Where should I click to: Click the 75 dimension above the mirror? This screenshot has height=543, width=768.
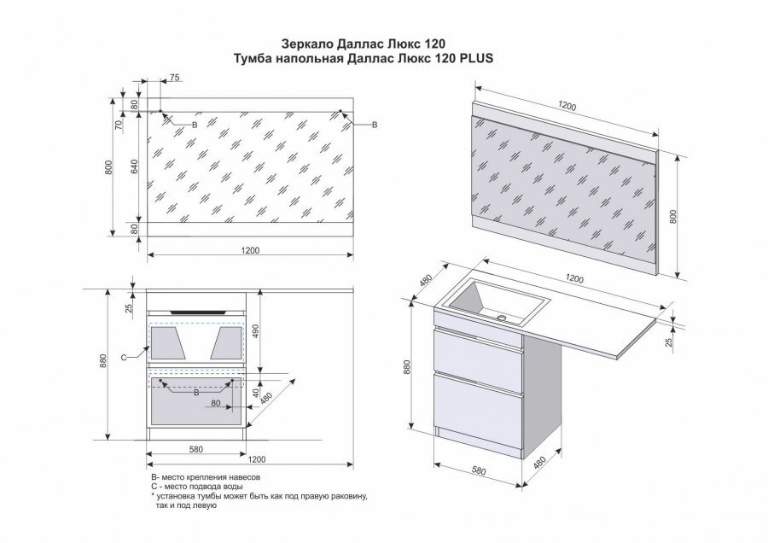click(x=175, y=78)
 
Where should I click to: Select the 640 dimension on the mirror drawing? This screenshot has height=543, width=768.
click(x=135, y=166)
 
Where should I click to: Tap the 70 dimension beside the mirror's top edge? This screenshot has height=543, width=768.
click(x=118, y=125)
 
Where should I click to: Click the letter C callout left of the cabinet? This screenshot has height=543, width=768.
click(x=124, y=357)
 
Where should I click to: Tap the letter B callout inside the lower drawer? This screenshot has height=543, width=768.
click(x=196, y=393)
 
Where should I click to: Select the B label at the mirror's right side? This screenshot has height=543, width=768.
click(x=375, y=125)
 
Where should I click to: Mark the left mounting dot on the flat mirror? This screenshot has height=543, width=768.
click(x=160, y=111)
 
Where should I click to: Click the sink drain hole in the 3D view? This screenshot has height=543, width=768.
click(x=502, y=318)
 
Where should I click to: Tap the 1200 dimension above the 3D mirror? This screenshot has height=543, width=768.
click(x=567, y=106)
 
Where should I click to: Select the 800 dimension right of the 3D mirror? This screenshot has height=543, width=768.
click(x=673, y=217)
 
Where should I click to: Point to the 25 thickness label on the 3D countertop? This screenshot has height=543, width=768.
click(x=670, y=342)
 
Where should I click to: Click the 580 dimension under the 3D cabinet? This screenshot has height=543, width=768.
click(x=479, y=470)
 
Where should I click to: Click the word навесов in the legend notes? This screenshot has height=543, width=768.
click(x=243, y=476)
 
